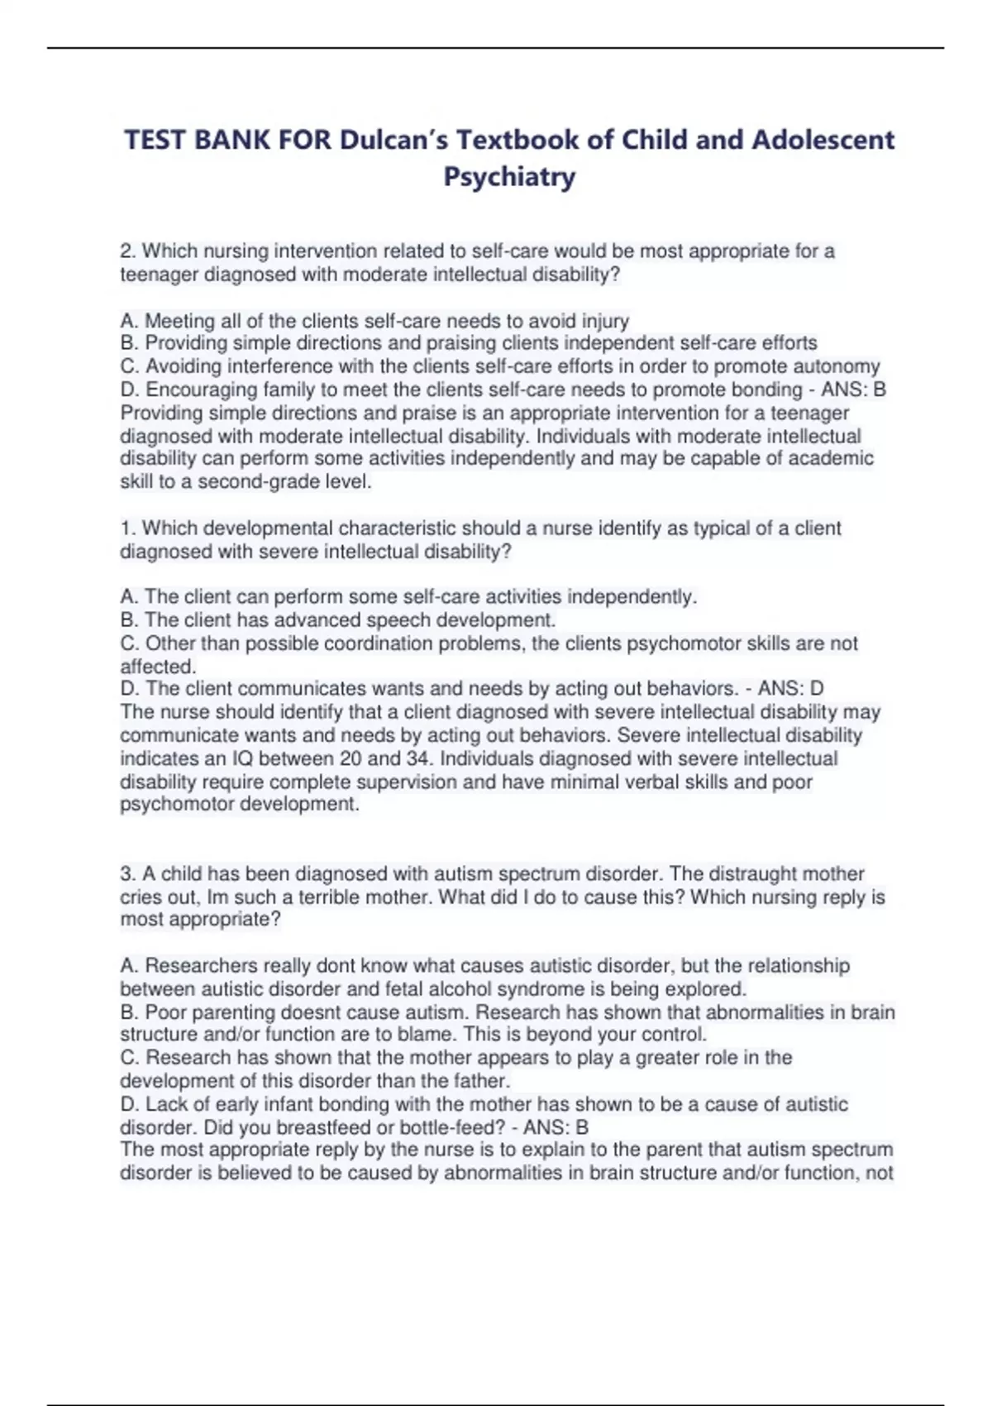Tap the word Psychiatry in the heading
click(x=509, y=177)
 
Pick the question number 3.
click(x=126, y=874)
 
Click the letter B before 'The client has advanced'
click(x=127, y=620)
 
